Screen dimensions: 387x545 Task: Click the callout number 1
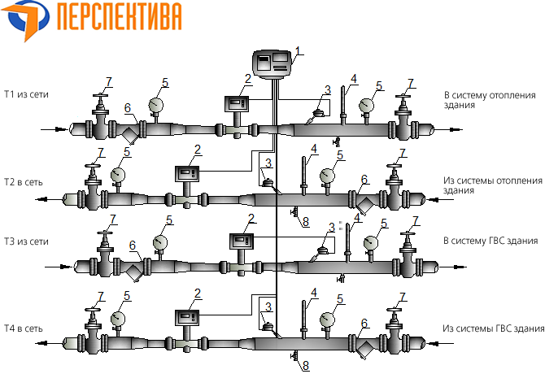pyautogui.click(x=299, y=50)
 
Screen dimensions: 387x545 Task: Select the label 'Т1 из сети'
pyautogui.click(x=27, y=94)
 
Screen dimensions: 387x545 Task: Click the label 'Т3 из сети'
pyautogui.click(x=27, y=241)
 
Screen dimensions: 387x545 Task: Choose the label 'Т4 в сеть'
pyautogui.click(x=25, y=328)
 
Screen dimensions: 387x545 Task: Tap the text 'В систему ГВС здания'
pyautogui.click(x=490, y=241)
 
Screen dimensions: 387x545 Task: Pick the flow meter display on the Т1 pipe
pyautogui.click(x=237, y=104)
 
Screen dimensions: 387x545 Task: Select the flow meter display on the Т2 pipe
pyautogui.click(x=187, y=173)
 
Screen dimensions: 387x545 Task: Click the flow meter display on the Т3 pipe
pyautogui.click(x=242, y=241)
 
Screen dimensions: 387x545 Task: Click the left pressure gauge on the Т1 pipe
pyautogui.click(x=155, y=104)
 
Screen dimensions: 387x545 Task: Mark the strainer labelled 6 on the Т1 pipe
pyautogui.click(x=130, y=133)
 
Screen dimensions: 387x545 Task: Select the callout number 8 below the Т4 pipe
pyautogui.click(x=307, y=367)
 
